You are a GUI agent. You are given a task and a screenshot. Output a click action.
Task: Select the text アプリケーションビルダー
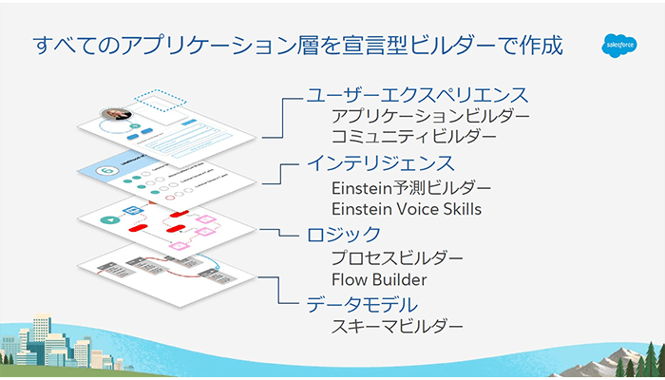click(x=429, y=116)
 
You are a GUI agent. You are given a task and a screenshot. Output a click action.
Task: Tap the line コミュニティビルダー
click(x=413, y=137)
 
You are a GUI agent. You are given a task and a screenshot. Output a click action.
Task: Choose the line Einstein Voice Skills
click(x=406, y=208)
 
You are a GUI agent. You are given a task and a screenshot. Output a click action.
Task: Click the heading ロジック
click(x=343, y=234)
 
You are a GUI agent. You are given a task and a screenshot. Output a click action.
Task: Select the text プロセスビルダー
click(x=397, y=258)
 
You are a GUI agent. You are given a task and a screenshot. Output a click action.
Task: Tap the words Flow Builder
click(x=379, y=279)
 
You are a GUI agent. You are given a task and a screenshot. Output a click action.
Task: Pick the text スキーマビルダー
click(x=397, y=328)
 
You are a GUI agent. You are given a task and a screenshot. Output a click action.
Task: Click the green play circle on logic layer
click(x=110, y=219)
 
